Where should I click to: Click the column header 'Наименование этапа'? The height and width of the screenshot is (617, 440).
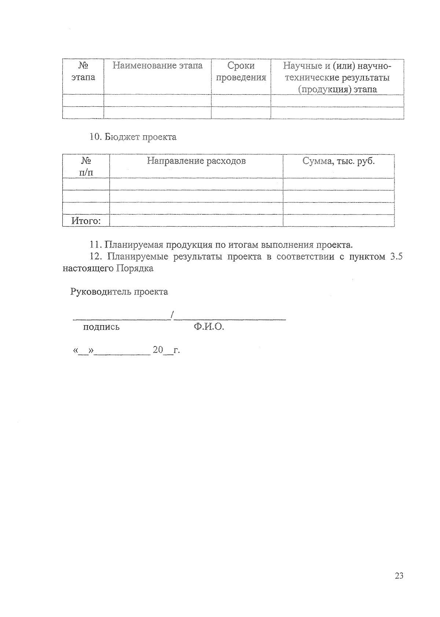point(157,66)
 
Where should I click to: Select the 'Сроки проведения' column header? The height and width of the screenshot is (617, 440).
point(241,71)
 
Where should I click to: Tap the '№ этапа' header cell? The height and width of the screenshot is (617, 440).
point(83,71)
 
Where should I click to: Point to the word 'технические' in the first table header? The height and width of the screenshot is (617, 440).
point(312,78)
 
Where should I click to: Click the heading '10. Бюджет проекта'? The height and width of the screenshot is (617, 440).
point(133,137)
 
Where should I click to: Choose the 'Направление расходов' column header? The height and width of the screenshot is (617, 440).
point(196,161)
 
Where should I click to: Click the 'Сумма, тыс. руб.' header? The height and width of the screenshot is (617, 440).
point(338,161)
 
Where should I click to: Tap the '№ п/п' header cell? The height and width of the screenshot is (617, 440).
point(86,166)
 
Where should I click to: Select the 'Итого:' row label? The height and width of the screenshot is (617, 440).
point(86,221)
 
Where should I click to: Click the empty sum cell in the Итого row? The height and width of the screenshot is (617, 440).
point(338,221)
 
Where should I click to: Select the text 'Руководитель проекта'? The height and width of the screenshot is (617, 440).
point(119,292)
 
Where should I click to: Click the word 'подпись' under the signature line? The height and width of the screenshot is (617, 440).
point(101,327)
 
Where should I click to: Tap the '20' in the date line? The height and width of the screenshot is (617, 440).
point(158,350)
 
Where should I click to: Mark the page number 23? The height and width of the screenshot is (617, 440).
point(399,576)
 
